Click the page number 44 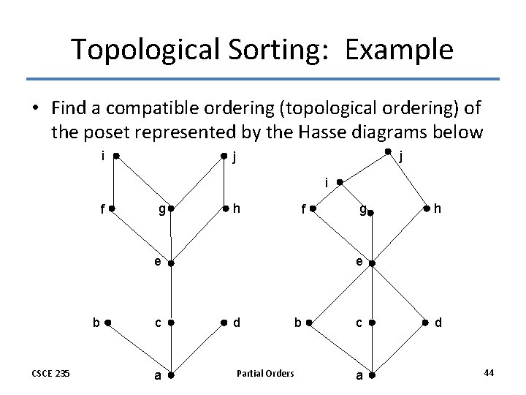[489, 373]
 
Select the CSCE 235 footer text [50, 374]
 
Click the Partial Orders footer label [265, 374]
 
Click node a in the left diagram [169, 376]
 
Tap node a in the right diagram [371, 376]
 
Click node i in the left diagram [117, 156]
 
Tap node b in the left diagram [107, 321]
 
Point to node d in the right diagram [427, 321]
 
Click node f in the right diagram [312, 208]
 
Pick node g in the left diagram [169, 209]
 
